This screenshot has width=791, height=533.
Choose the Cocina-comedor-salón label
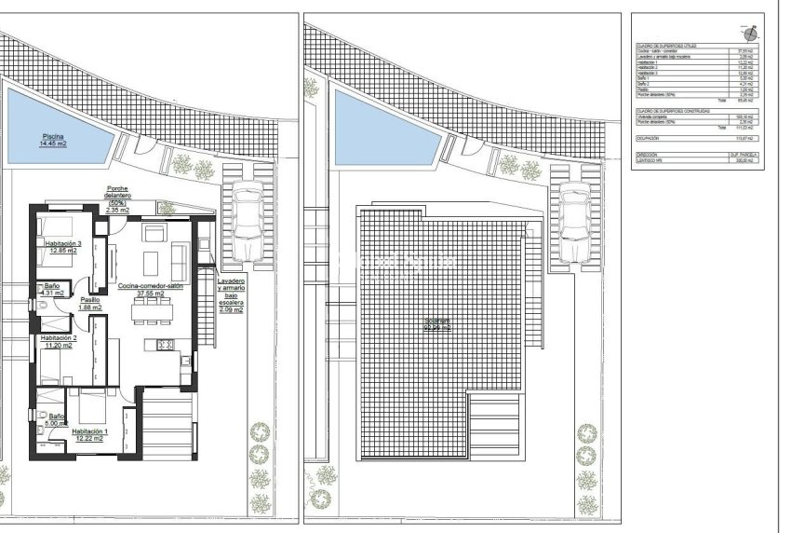(150, 289)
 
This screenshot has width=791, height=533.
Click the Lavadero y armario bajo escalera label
(230, 294)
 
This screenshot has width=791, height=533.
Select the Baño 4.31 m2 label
(52, 289)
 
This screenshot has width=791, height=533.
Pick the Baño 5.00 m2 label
(56, 420)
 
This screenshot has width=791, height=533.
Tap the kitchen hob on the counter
(167, 345)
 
